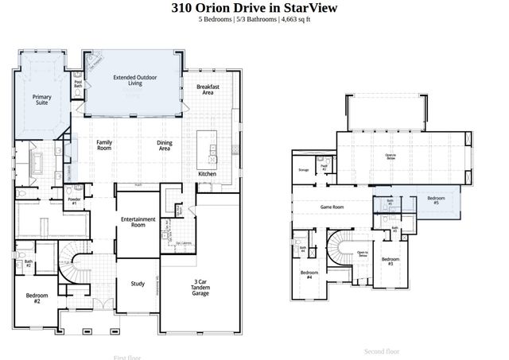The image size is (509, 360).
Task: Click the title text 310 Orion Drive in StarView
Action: point(254,8)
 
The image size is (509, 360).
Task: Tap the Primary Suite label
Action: point(42,99)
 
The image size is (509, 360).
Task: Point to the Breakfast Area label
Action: point(208,90)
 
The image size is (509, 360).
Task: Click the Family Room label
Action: point(104,145)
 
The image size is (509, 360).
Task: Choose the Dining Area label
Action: point(165,145)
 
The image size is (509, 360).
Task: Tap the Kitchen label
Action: point(208,173)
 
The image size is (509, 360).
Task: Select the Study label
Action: point(138,284)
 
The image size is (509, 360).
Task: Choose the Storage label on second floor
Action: point(303,170)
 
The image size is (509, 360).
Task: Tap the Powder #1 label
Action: point(72,202)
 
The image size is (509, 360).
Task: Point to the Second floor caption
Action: point(382,350)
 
